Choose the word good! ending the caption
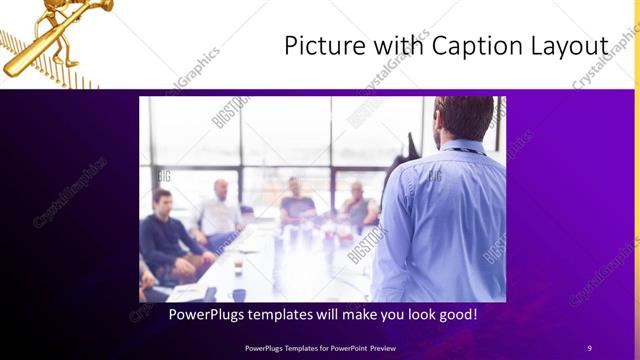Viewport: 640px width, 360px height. pyautogui.click(x=454, y=315)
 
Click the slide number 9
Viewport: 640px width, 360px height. pyautogui.click(x=589, y=347)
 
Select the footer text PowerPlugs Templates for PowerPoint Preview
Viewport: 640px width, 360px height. pyautogui.click(x=320, y=347)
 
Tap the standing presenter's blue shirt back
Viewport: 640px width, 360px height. pyautogui.click(x=450, y=220)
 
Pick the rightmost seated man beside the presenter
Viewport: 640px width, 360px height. pyautogui.click(x=358, y=206)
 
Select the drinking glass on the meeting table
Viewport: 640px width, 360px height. pyautogui.click(x=238, y=265)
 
